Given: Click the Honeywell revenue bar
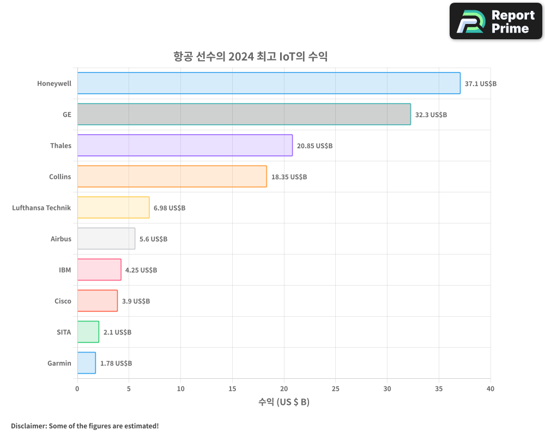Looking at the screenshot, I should point(269,83).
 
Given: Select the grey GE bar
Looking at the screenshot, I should point(244,114).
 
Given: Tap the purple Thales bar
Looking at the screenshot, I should point(185,146).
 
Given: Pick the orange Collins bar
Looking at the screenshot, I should point(172,177).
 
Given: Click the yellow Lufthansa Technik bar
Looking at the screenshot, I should point(113,208).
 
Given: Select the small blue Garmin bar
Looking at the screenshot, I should point(86,363).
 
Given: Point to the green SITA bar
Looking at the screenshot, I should point(88,332).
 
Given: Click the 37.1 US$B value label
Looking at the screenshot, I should point(480,84).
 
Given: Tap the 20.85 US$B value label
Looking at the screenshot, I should point(314,146).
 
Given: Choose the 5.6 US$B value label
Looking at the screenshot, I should point(153,239).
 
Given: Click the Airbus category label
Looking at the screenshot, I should point(60,239).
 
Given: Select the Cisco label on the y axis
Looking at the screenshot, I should point(63,301).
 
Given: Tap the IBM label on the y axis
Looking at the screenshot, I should point(65,270).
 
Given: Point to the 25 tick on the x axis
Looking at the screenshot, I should point(335,389).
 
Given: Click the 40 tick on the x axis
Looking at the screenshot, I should point(491,389).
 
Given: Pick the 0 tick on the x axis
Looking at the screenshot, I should point(77,389).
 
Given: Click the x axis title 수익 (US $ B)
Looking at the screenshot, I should point(283,402).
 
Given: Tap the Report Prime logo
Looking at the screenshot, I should point(495,21).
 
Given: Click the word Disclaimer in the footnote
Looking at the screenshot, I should point(28,426).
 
